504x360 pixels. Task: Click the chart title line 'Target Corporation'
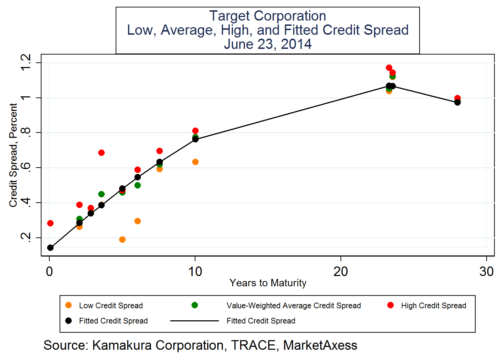click(267, 16)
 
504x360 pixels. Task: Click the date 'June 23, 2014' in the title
click(267, 44)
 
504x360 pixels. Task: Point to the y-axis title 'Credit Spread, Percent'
click(13, 155)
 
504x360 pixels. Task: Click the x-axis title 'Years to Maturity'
click(267, 283)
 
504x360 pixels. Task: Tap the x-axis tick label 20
click(340, 271)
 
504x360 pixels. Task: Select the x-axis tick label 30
click(486, 271)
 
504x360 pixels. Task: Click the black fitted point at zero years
click(50, 248)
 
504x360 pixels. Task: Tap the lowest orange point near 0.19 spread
click(122, 240)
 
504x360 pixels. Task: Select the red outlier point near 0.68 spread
click(101, 153)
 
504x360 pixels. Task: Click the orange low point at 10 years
click(195, 162)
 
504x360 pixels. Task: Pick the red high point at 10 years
click(195, 131)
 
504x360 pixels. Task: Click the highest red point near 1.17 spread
click(389, 68)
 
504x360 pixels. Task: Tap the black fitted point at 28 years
click(458, 102)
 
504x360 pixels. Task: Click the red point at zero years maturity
click(50, 223)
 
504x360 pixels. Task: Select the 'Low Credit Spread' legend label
click(111, 305)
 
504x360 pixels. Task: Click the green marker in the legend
click(194, 305)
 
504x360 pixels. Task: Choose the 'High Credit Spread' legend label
click(433, 305)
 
